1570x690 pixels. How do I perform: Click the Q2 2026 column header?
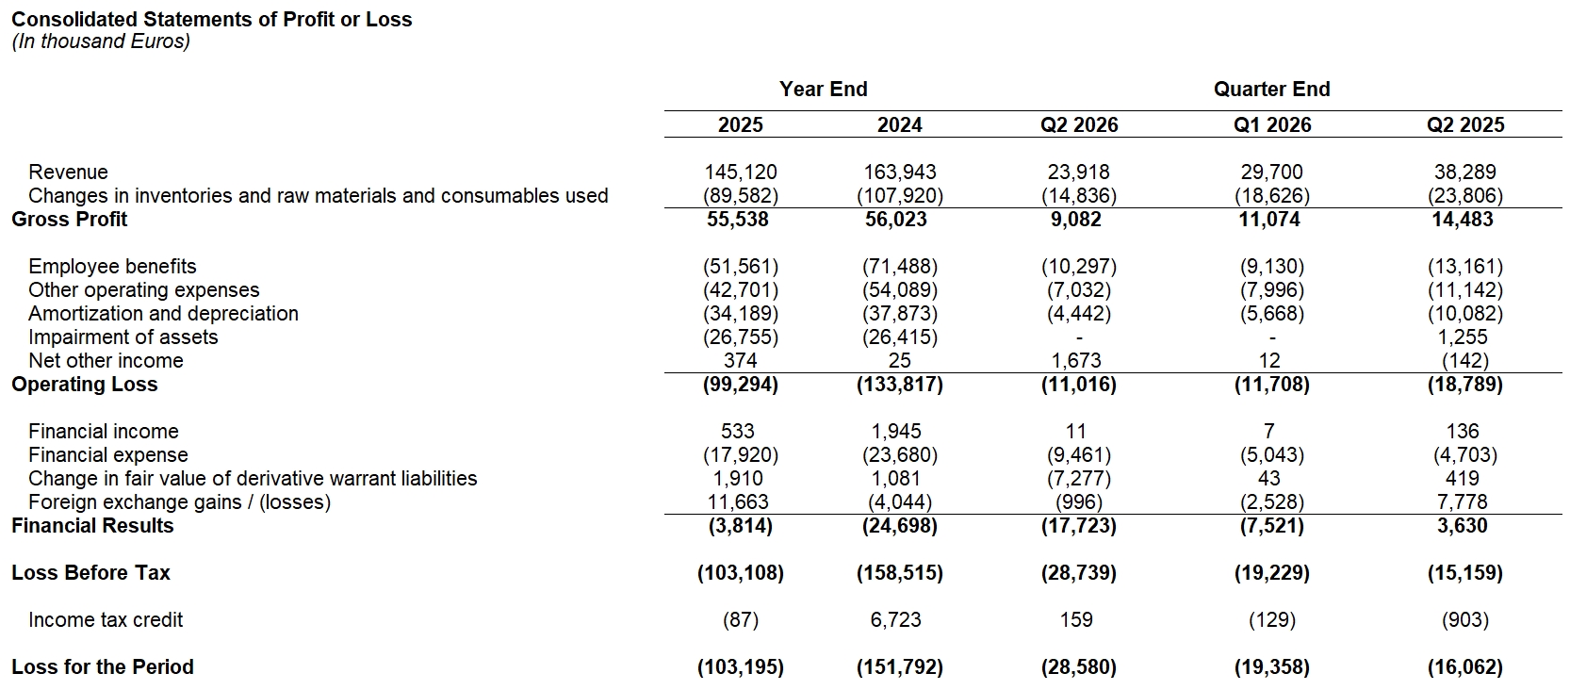click(1079, 124)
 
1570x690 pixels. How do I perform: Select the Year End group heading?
click(823, 89)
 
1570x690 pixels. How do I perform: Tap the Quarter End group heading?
click(1271, 89)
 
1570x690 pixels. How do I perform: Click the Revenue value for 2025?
click(740, 172)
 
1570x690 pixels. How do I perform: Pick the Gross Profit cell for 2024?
click(896, 220)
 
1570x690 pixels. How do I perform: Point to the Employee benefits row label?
click(112, 267)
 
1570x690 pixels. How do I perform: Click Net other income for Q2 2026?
click(1076, 360)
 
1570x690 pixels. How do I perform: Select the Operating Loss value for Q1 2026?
click(1271, 385)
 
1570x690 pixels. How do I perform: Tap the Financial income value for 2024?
click(896, 432)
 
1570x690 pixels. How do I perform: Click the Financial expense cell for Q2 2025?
click(1464, 455)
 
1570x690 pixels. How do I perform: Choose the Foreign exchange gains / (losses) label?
click(179, 502)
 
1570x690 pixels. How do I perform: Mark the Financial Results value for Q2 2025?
click(1462, 526)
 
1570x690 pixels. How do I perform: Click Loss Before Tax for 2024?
click(899, 573)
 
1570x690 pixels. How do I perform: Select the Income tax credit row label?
click(106, 620)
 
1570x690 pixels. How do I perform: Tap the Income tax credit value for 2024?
click(896, 620)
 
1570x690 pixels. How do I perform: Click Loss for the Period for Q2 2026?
click(1079, 666)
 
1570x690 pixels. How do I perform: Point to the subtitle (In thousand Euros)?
click(101, 41)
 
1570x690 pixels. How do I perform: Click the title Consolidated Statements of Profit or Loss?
click(212, 19)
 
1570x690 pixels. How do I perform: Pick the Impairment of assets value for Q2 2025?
click(1462, 337)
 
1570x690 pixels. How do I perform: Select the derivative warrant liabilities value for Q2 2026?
click(1079, 479)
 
